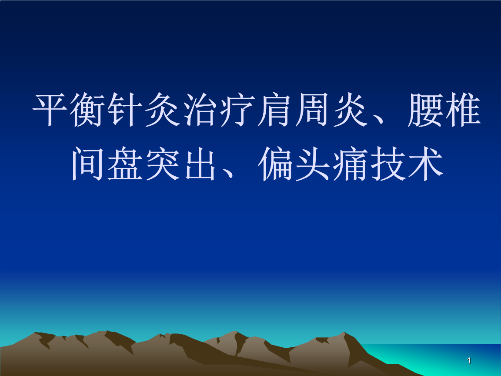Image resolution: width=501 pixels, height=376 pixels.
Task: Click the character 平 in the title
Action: pyautogui.click(x=51, y=111)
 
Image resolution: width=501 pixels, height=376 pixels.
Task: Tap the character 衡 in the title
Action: pyautogui.click(x=89, y=111)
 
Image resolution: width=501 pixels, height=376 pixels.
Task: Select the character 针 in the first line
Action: pyautogui.click(x=126, y=111)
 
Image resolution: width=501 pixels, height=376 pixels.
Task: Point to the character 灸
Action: pyautogui.click(x=164, y=111)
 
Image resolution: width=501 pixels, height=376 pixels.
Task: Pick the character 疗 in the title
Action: pyautogui.click(x=238, y=111)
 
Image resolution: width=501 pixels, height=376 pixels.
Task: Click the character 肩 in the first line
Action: pyautogui.click(x=275, y=111)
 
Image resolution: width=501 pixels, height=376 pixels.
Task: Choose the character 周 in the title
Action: pyautogui.click(x=313, y=111)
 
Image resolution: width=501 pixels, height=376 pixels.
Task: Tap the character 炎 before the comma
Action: pyautogui.click(x=350, y=111)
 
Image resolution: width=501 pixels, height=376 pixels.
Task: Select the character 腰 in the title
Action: pyautogui.click(x=425, y=111)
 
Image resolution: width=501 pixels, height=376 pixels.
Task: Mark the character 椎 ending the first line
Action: pyautogui.click(x=462, y=111)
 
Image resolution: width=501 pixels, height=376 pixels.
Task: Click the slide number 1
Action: pyautogui.click(x=469, y=361)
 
